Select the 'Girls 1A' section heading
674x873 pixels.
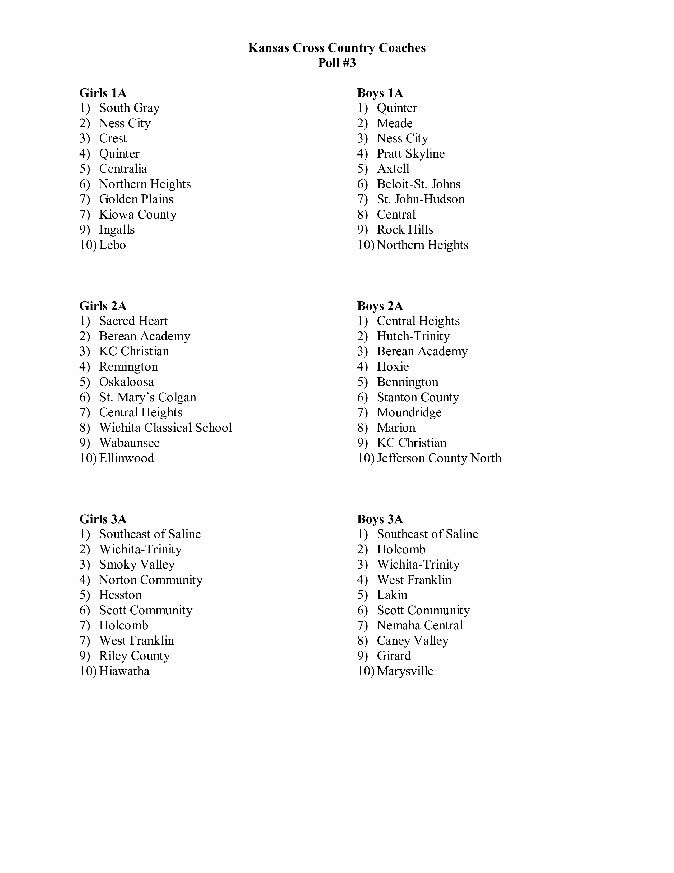[x=103, y=93]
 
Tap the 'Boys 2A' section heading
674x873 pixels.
[x=380, y=306]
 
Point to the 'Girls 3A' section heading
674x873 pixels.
[x=103, y=519]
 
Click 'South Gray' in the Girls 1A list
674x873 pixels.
[x=129, y=108]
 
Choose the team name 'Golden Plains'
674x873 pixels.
[x=136, y=199]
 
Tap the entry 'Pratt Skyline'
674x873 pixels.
[x=410, y=153]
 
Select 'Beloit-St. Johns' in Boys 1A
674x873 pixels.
[x=418, y=184]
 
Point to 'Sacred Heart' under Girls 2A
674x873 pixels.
[x=133, y=321]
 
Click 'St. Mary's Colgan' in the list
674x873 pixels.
[x=148, y=397]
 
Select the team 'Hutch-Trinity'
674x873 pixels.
[x=413, y=336]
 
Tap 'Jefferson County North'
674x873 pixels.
[x=439, y=458]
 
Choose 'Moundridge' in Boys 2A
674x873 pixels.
[x=409, y=412]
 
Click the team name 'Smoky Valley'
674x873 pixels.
[x=137, y=565]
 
